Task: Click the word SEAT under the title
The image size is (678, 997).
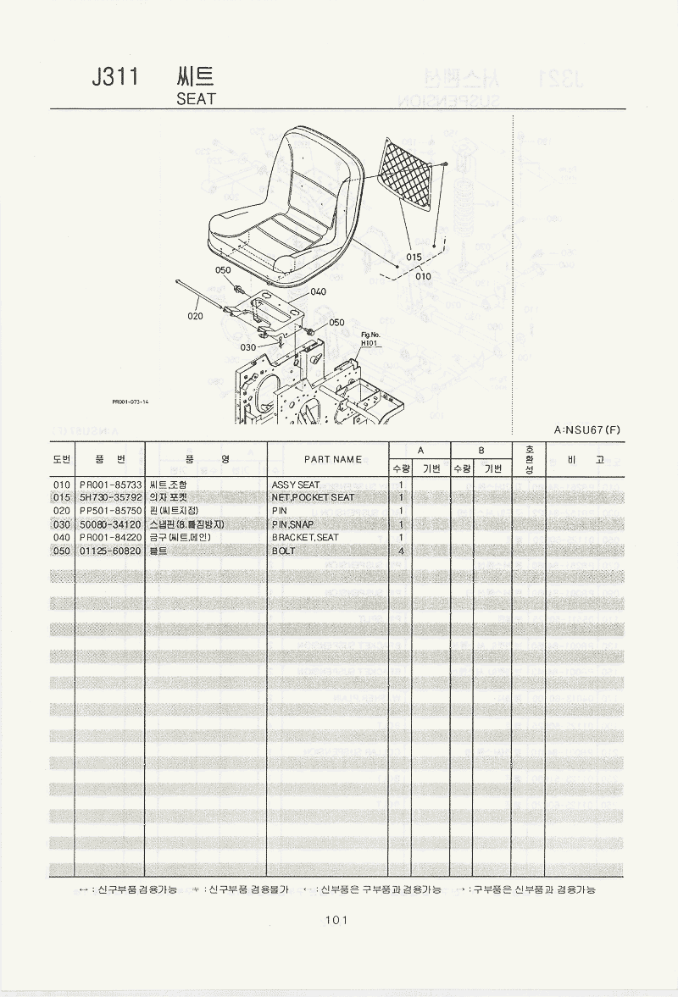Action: [196, 98]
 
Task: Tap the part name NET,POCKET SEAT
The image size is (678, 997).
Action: [314, 497]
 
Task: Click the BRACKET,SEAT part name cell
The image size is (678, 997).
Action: [306, 538]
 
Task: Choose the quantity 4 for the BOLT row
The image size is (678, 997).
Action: [400, 551]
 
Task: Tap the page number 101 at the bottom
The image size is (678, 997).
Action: [336, 921]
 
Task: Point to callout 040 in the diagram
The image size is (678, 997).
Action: [318, 291]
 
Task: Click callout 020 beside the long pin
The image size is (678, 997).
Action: [195, 316]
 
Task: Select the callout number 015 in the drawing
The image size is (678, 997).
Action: [414, 258]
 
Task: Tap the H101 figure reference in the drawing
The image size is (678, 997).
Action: [370, 344]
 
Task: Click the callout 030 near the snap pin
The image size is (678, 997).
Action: [247, 347]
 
